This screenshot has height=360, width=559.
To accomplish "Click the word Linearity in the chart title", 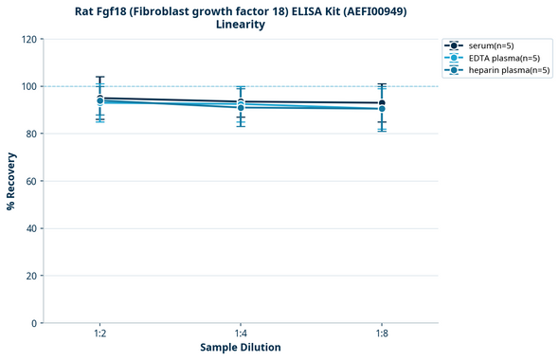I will click(240, 25).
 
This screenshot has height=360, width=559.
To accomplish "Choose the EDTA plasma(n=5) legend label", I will click(505, 58).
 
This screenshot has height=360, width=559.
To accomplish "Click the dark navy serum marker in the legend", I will click(455, 45).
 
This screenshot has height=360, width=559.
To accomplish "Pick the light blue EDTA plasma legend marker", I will click(455, 58).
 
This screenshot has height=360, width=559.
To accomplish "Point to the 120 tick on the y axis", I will click(27, 39).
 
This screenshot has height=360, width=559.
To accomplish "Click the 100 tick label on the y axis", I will click(27, 86).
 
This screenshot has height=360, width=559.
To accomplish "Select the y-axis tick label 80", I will click(30, 134).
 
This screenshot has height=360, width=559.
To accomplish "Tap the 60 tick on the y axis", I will click(30, 181).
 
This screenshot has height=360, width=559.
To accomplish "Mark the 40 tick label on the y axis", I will click(30, 228).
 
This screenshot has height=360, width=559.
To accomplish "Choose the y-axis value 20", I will click(30, 276).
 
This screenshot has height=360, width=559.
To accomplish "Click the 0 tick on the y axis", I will click(34, 323).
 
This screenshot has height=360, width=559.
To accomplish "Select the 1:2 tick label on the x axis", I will click(99, 333).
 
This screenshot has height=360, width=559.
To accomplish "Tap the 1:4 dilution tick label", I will click(241, 333).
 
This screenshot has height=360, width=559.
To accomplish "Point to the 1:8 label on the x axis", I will click(382, 333).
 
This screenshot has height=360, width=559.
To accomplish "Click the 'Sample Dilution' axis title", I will click(241, 348).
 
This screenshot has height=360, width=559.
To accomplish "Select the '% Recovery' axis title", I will click(11, 181).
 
